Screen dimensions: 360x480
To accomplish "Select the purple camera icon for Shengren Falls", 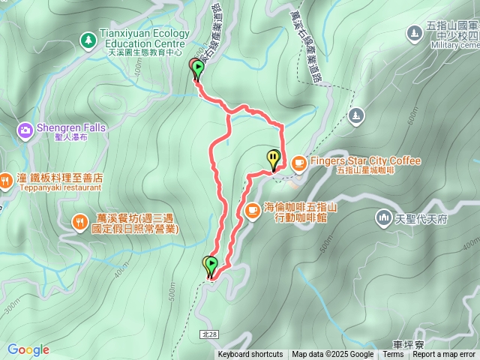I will [25, 131].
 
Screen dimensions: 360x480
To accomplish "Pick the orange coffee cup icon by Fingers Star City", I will [298, 161].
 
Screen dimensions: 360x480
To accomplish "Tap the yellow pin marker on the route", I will [273, 158].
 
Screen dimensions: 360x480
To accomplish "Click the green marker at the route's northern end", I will [197, 70].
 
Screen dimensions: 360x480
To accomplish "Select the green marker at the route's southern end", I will [211, 265].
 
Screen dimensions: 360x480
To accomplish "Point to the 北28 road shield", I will [209, 332].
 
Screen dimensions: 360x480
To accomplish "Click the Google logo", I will [28, 349].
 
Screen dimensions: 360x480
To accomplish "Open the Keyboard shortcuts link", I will [250, 355].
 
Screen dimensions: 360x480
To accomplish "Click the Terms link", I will [393, 355].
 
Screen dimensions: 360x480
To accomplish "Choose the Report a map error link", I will [444, 355].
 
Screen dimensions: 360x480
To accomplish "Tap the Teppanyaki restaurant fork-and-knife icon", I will [5, 180].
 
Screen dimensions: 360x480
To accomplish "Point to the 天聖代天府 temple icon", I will [383, 218].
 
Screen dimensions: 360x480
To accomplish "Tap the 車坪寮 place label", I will [408, 344].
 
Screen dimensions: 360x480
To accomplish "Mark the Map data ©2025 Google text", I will [332, 355].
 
